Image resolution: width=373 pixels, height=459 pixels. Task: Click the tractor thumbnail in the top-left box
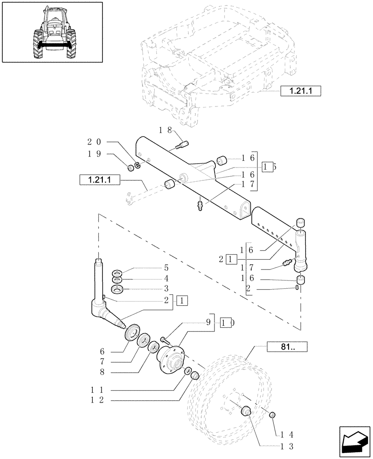click(x=51, y=32)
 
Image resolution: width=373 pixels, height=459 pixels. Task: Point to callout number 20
click(x=92, y=142)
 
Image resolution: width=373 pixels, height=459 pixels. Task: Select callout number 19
click(x=92, y=155)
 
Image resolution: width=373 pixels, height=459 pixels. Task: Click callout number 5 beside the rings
click(x=153, y=268)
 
